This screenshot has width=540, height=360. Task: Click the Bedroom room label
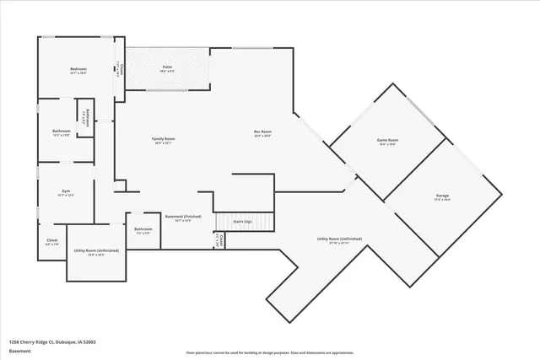tap(79, 70)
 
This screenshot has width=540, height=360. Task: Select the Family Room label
tap(164, 139)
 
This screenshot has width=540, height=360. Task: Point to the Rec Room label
tap(262, 132)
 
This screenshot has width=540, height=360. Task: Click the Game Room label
tap(387, 140)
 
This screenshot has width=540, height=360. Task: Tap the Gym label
tap(65, 191)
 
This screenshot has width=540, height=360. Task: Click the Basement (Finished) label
tap(183, 216)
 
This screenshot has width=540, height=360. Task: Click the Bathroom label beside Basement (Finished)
tap(143, 229)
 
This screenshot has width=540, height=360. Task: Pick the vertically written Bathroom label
tap(84, 118)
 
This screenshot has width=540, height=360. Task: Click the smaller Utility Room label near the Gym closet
tap(96, 250)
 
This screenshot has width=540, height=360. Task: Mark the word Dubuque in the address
tap(68, 341)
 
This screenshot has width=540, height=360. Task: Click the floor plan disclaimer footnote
tap(269, 353)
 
